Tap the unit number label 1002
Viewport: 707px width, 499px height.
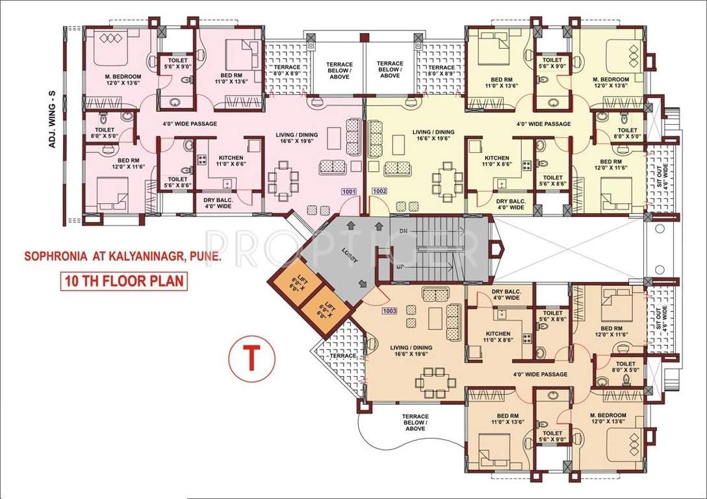pyautogui.click(x=379, y=192)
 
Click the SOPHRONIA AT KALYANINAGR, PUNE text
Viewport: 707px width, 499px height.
pyautogui.click(x=123, y=256)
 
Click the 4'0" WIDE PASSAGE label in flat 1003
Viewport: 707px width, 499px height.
pyautogui.click(x=540, y=374)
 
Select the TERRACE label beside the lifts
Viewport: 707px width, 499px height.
pyautogui.click(x=342, y=355)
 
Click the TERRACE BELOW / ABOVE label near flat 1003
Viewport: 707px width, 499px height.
pyautogui.click(x=415, y=422)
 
